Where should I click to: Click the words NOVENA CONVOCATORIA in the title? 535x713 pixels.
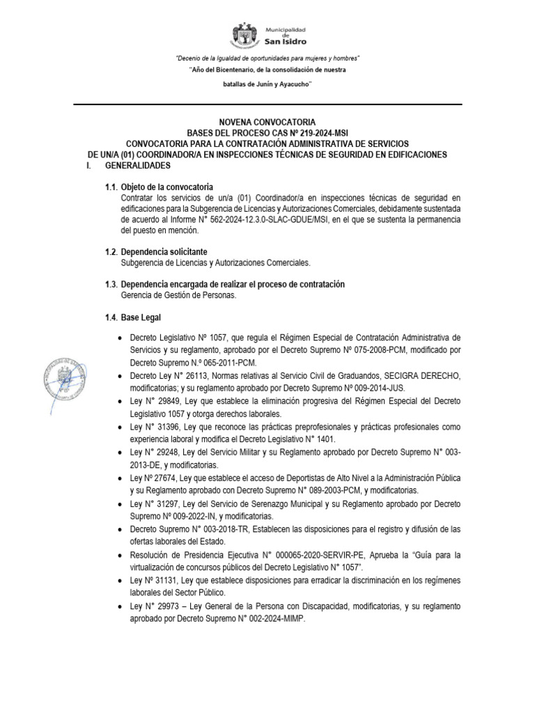tap(268, 122)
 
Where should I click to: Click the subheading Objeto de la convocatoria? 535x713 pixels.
tap(167, 188)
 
